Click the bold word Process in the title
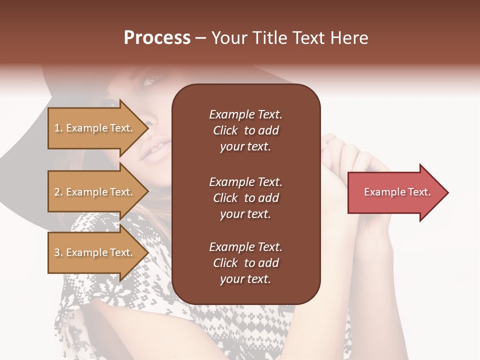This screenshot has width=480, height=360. point(157,38)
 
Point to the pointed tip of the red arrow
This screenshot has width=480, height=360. point(447,192)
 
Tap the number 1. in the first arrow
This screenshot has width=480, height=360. point(58,128)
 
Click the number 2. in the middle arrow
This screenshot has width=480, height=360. point(58,192)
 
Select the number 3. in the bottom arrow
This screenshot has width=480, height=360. point(58,252)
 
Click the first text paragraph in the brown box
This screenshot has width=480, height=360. point(245,130)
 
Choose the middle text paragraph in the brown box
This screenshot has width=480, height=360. point(245,197)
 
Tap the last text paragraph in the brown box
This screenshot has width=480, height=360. point(245,263)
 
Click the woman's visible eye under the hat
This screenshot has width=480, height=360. point(151,79)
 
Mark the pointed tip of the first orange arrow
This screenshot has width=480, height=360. point(148,128)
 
